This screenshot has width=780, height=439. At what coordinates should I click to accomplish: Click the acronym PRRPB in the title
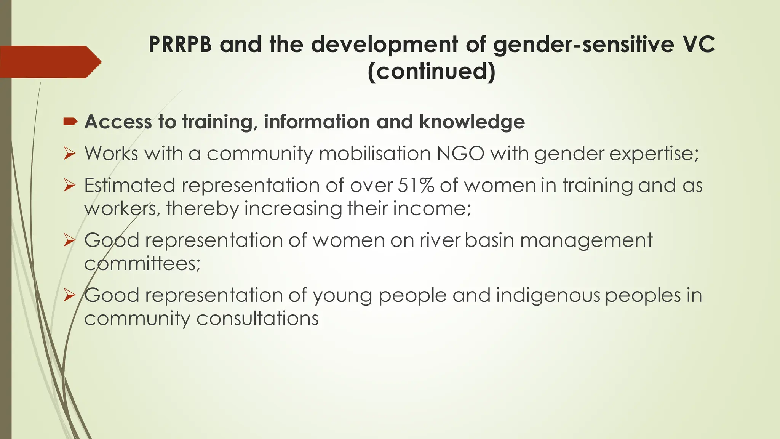pyautogui.click(x=180, y=44)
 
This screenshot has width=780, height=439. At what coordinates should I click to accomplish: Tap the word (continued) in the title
pyautogui.click(x=432, y=71)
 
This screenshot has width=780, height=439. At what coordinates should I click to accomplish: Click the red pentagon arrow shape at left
pyautogui.click(x=50, y=62)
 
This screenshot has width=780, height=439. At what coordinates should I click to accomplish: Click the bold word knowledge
pyautogui.click(x=472, y=122)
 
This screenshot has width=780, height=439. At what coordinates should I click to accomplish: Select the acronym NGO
pyautogui.click(x=460, y=154)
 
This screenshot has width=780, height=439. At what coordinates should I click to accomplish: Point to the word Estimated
pyautogui.click(x=130, y=186)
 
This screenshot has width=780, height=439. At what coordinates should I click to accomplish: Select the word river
pyautogui.click(x=440, y=240)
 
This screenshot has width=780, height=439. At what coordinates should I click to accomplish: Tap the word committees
pyautogui.click(x=142, y=264)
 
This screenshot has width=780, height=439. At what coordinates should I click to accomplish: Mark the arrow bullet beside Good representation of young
pyautogui.click(x=70, y=295)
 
